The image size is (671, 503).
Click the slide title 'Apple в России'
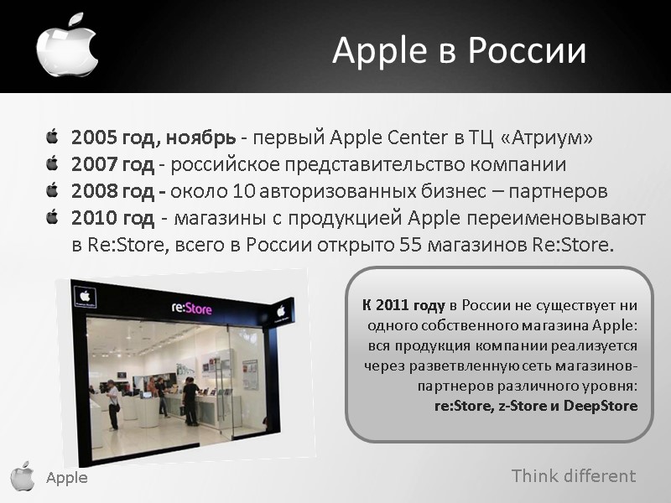pos(459,51)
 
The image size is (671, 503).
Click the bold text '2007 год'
pos(112,164)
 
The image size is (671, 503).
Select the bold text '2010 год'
pos(112,220)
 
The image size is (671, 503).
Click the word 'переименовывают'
pos(560,220)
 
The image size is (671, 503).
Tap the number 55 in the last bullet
pos(415,246)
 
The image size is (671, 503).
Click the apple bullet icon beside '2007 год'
pos(53,163)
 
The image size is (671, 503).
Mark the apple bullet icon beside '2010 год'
pos(53,218)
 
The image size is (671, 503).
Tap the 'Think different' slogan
pos(574,476)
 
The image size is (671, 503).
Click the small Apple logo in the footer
pos(23,475)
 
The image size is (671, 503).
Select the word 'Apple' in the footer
pos(66,478)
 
